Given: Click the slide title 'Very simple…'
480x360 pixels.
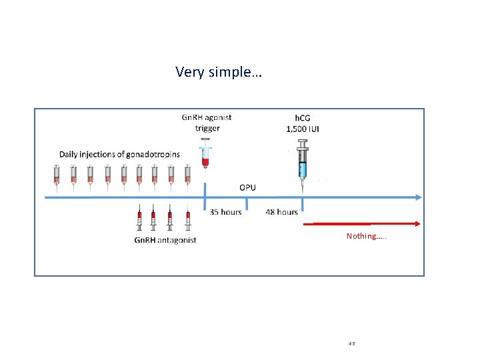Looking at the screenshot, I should pyautogui.click(x=219, y=71).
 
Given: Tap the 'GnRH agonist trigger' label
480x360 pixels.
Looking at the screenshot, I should pyautogui.click(x=207, y=123).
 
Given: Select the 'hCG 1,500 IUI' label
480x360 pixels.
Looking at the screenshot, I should pyautogui.click(x=303, y=123).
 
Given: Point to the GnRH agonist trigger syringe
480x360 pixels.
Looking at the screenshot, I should pyautogui.click(x=205, y=155).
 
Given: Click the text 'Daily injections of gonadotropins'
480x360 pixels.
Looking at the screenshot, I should pyautogui.click(x=119, y=154).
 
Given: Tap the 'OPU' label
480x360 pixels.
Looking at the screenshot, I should pyautogui.click(x=247, y=187).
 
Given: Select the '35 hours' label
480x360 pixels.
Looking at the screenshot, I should pyautogui.click(x=225, y=212).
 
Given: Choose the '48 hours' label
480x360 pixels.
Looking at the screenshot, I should pyautogui.click(x=281, y=212).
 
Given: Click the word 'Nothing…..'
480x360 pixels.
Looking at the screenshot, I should pyautogui.click(x=366, y=236).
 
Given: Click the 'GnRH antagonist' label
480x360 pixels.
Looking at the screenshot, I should pyautogui.click(x=165, y=240).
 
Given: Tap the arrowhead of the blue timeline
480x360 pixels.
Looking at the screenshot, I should pyautogui.click(x=418, y=197).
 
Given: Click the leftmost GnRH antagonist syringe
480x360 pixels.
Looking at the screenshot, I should pyautogui.click(x=139, y=219).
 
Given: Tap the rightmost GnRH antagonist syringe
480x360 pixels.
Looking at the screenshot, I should pyautogui.click(x=188, y=219).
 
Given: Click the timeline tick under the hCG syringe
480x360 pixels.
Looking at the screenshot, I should pyautogui.click(x=303, y=202).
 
